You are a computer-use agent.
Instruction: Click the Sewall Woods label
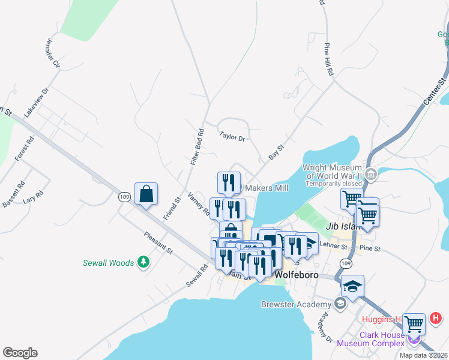click(109, 262)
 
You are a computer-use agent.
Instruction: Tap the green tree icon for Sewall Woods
click(143, 262)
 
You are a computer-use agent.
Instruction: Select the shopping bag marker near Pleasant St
click(146, 194)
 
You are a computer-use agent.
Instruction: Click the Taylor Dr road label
click(232, 137)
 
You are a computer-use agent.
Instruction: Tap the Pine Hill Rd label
click(328, 59)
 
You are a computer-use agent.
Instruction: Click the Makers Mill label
click(266, 188)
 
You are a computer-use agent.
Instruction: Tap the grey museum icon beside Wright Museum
click(370, 175)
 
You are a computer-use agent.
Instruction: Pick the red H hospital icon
click(436, 317)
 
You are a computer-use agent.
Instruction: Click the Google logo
click(20, 353)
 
